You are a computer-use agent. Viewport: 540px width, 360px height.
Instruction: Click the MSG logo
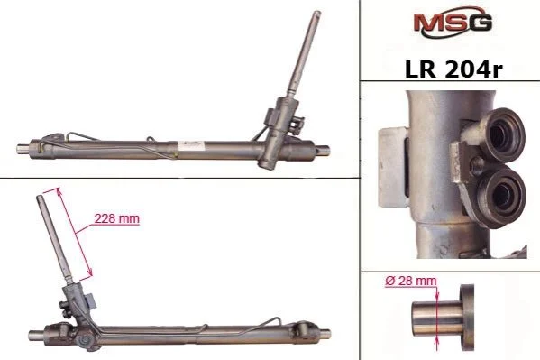coord(453,22)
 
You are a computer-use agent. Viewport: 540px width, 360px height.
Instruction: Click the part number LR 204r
coord(453,69)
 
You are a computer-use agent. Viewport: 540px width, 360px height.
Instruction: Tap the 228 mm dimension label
coord(117,218)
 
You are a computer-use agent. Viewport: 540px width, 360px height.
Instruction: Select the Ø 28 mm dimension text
coord(410,281)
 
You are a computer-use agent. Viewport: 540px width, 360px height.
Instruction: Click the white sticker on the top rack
coord(189,146)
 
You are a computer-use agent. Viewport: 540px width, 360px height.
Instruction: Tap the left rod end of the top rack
coord(23,149)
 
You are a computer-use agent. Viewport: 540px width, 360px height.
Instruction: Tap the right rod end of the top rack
coord(324,150)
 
